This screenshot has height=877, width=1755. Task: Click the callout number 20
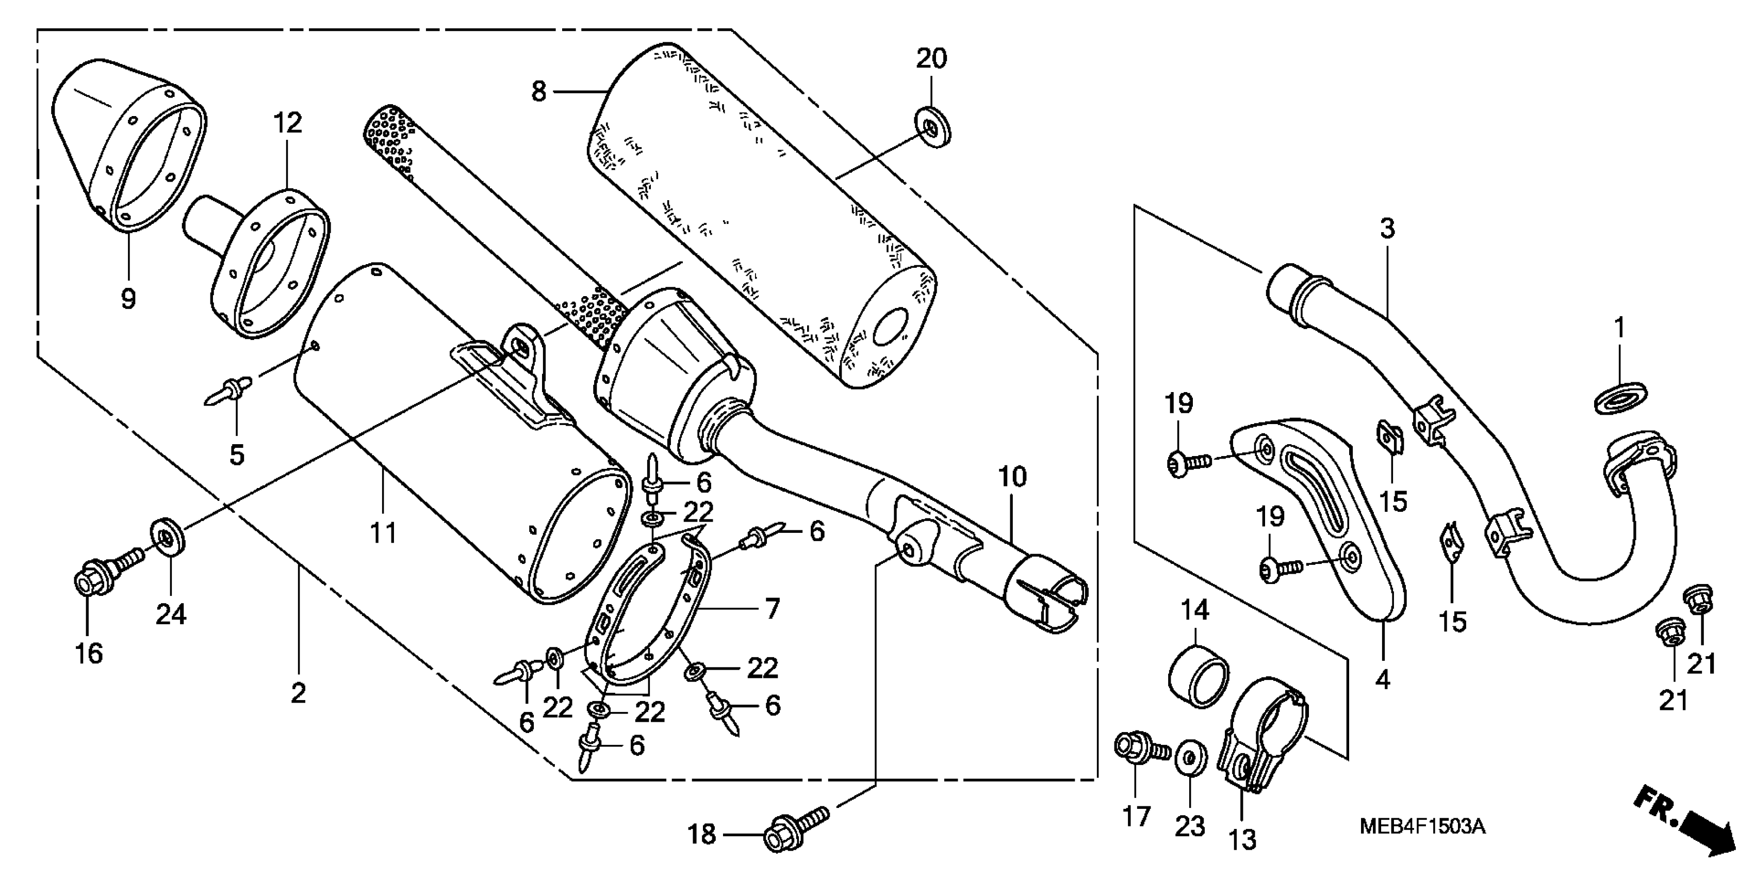pos(931,59)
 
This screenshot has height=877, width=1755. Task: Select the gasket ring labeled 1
pos(1621,397)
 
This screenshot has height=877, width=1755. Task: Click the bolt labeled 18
pos(794,830)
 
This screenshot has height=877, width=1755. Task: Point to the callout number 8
pos(539,91)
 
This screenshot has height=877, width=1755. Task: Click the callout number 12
pos(287,123)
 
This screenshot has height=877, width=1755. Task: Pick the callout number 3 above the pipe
pos(1388,229)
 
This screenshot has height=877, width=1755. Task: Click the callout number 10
pos(1012,477)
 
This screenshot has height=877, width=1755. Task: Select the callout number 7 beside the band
pos(771,609)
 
